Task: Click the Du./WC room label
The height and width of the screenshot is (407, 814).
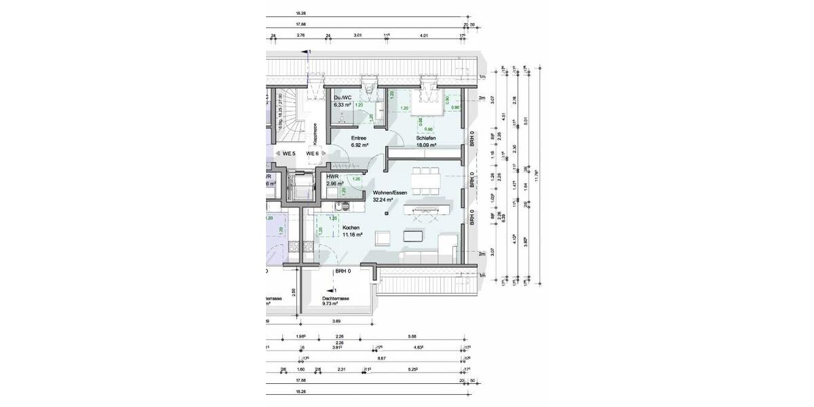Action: click(x=342, y=98)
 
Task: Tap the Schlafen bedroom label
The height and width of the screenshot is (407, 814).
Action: click(x=426, y=137)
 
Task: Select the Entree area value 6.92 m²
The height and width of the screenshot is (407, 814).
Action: click(x=360, y=145)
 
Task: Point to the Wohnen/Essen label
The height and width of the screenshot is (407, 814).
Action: click(x=390, y=193)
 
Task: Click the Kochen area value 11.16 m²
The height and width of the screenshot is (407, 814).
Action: click(x=351, y=235)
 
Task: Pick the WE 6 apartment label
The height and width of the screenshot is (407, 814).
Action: click(x=313, y=154)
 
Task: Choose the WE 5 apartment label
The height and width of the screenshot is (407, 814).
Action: click(x=288, y=154)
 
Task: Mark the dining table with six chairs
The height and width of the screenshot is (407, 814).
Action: click(x=425, y=179)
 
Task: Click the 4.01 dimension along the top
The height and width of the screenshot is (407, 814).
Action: click(x=424, y=34)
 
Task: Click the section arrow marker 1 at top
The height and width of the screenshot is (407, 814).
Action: click(x=308, y=52)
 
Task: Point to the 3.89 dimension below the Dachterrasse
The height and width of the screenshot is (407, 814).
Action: click(x=335, y=321)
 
